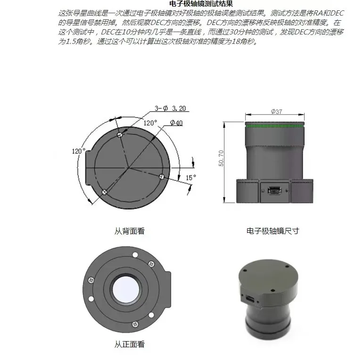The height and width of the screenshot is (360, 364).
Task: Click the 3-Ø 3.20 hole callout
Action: click(170, 109)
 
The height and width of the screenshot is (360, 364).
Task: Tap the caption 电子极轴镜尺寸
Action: click(273, 231)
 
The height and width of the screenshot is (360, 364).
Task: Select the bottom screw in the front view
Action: click(136, 324)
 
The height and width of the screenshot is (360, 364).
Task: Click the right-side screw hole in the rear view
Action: click(162, 176)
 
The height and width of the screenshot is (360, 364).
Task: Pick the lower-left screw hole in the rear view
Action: click(104, 191)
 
